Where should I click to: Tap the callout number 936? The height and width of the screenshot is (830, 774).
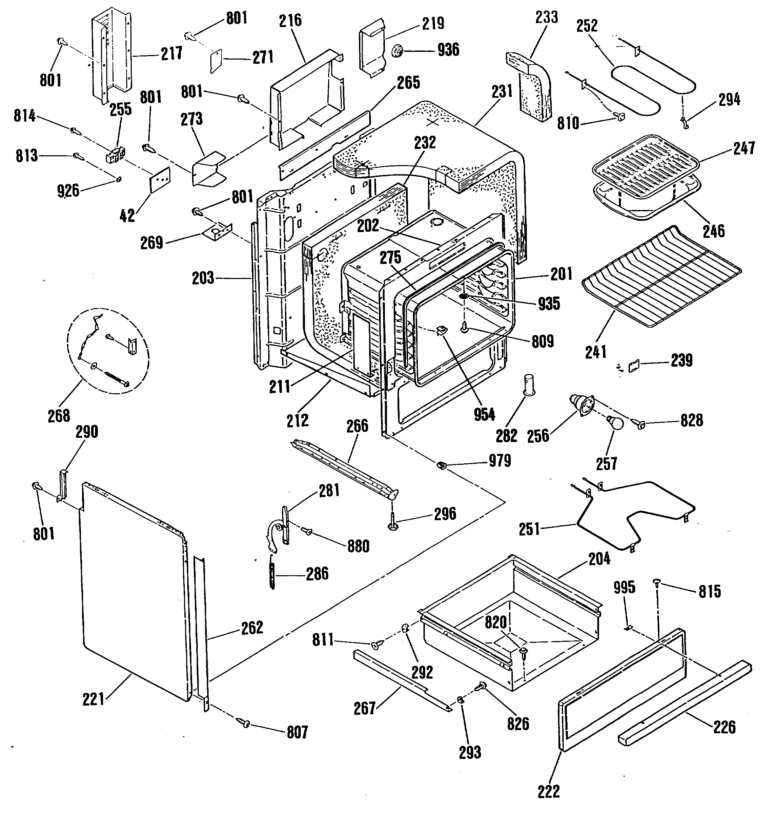(448, 50)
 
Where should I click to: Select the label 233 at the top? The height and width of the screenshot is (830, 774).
(546, 18)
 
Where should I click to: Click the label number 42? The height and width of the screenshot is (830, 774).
(127, 216)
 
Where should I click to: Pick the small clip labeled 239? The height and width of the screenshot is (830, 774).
(634, 366)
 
